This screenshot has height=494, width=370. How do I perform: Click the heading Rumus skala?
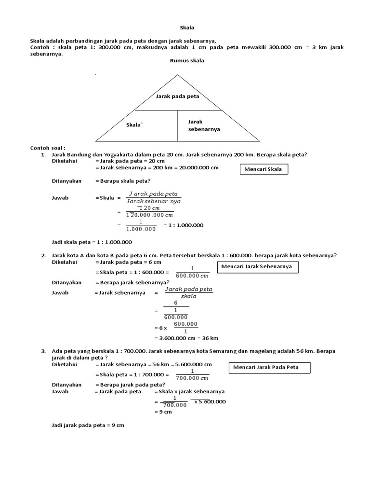[187, 61]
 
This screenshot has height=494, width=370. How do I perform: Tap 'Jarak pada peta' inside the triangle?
[177, 96]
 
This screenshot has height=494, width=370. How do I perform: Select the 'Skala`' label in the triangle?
[134, 125]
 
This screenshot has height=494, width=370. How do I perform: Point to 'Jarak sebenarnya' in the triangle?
[204, 125]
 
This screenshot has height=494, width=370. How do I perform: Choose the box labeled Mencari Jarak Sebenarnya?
[258, 267]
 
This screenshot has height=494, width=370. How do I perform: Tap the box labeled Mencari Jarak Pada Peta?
[269, 368]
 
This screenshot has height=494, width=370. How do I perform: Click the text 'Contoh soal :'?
[48, 148]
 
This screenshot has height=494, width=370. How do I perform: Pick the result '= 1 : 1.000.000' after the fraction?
[184, 225]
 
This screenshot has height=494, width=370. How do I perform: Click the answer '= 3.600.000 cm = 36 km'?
[186, 338]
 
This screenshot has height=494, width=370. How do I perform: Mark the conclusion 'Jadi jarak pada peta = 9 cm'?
[88, 425]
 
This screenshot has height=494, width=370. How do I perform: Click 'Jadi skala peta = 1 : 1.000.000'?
[92, 242]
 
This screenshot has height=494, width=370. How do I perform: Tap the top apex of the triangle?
[178, 75]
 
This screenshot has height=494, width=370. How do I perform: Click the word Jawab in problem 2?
[60, 293]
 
